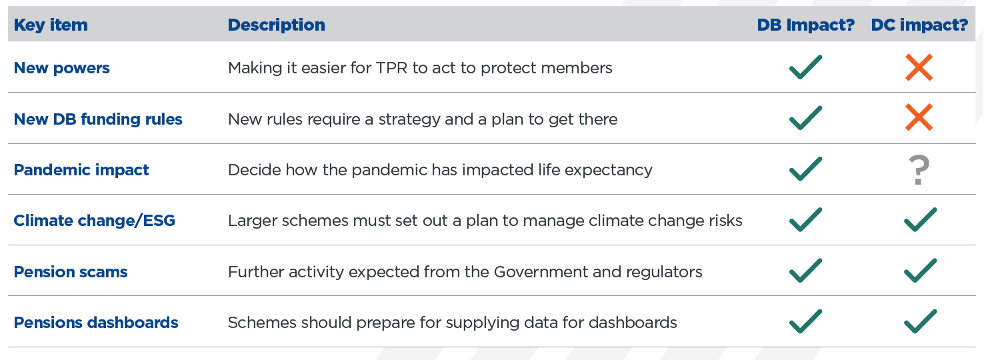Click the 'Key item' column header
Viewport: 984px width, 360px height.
pos(51,25)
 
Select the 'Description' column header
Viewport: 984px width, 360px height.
pos(276,25)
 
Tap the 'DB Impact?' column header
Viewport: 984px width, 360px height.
pos(805,25)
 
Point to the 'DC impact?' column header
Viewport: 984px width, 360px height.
pos(919,25)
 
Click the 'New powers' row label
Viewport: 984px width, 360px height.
pos(61,69)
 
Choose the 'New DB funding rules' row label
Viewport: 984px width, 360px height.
pos(98,119)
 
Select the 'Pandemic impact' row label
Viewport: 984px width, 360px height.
pos(81,170)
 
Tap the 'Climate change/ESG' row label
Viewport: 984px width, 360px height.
pos(95,221)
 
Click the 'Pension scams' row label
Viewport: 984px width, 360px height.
pos(71,272)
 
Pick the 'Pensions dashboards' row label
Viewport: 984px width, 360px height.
pos(96,323)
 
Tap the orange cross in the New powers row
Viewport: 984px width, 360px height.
pos(919,67)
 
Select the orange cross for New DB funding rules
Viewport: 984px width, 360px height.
pos(919,117)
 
